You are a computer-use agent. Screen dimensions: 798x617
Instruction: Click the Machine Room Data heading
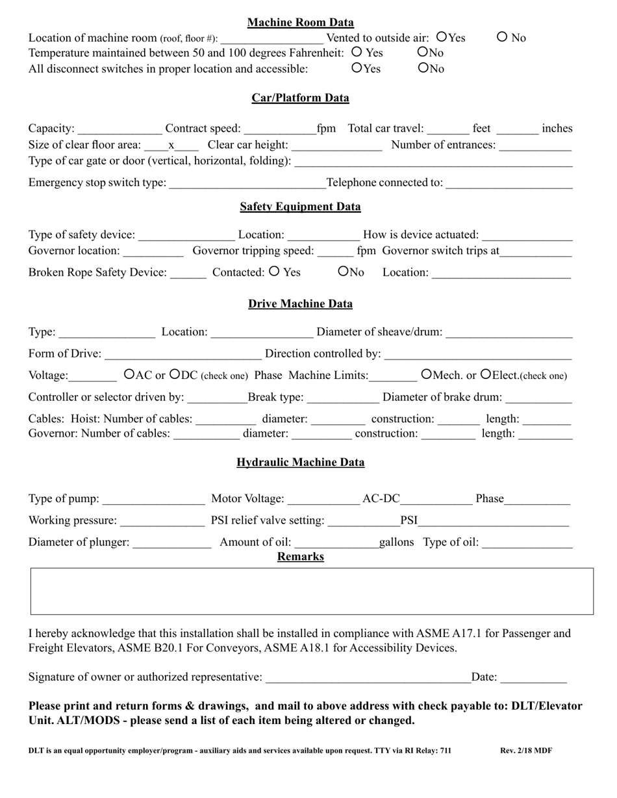300,23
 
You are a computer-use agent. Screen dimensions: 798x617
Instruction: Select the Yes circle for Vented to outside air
442,37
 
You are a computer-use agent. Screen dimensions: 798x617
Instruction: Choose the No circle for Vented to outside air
502,37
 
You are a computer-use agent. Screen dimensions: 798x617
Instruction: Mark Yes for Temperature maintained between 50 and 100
356,52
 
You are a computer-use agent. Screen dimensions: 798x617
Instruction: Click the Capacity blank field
120,129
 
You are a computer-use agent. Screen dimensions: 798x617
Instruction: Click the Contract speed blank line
280,129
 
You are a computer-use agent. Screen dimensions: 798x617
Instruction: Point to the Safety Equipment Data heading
300,207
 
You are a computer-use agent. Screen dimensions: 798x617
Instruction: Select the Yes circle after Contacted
274,271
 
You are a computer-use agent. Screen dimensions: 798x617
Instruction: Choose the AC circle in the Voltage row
129,374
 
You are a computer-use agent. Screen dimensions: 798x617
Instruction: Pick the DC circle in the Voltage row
175,374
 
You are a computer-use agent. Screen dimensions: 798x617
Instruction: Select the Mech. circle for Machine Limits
426,374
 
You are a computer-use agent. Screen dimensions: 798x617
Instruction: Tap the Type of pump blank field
154,500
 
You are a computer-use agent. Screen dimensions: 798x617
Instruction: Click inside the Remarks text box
312,591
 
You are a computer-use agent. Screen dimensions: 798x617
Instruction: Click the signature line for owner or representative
368,678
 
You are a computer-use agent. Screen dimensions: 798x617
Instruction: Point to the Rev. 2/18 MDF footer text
526,751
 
